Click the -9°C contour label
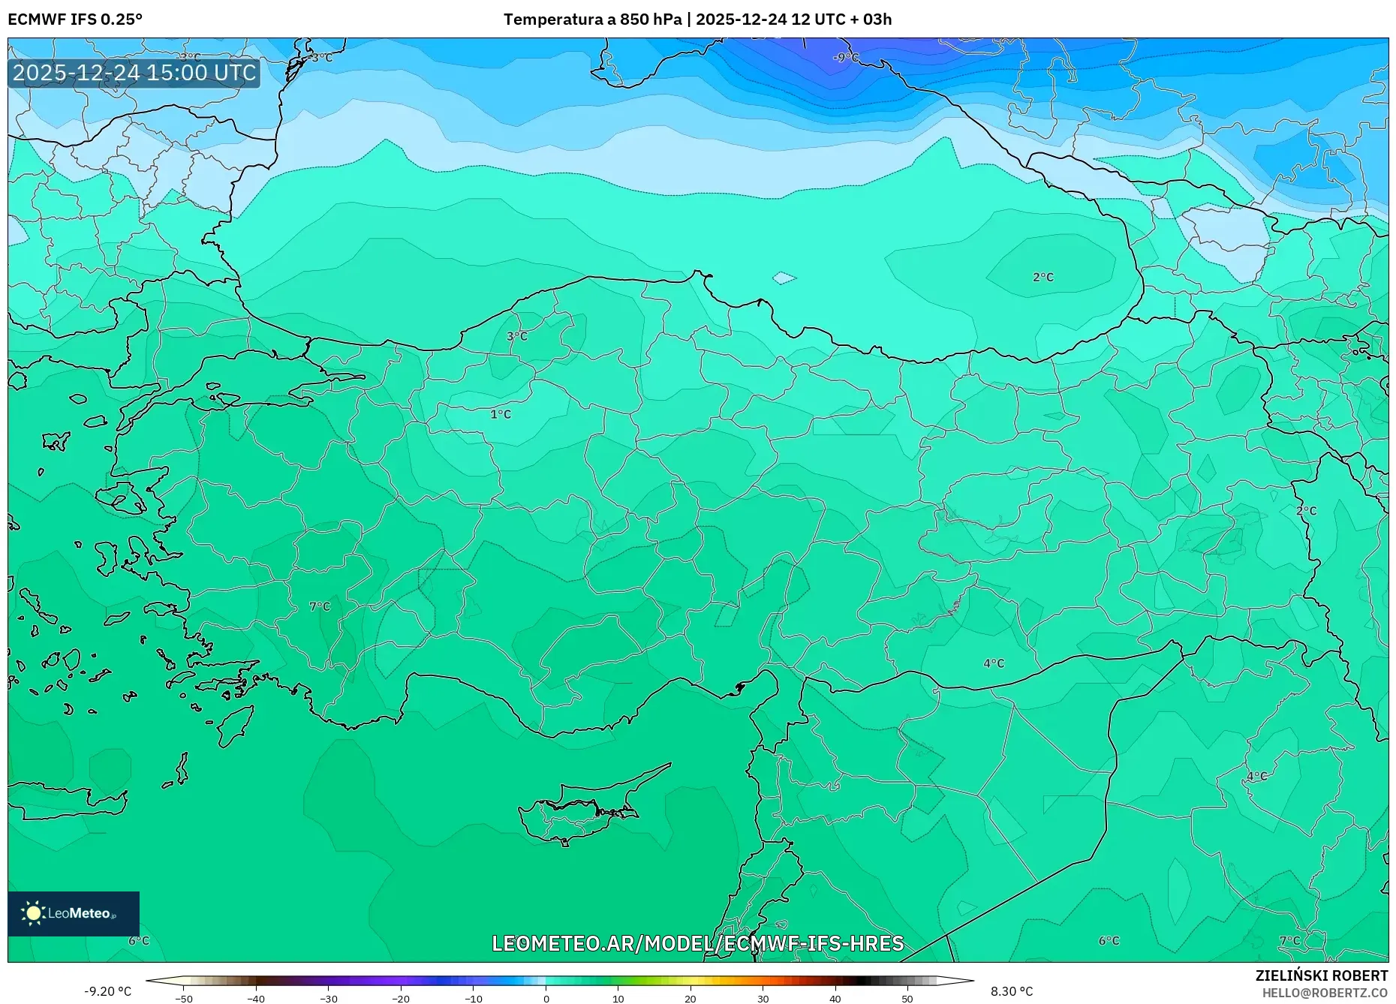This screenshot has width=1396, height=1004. (846, 58)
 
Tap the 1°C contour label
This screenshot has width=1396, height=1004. (501, 414)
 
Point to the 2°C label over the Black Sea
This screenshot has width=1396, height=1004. (1043, 278)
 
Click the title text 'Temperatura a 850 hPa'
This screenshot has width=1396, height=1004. (592, 20)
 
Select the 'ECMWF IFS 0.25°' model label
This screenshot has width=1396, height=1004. (75, 20)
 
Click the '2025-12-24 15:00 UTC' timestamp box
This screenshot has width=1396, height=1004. (134, 73)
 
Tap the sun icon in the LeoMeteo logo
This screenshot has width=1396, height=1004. (33, 912)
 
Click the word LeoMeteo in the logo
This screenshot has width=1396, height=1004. (80, 913)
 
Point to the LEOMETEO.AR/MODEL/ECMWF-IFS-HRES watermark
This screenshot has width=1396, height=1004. (697, 943)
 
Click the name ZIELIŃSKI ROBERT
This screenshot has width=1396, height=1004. (1321, 975)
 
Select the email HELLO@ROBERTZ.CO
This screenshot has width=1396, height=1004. (1325, 993)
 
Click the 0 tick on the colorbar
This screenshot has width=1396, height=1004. (546, 999)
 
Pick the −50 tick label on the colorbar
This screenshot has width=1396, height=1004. (184, 999)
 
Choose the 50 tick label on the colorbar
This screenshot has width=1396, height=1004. (907, 999)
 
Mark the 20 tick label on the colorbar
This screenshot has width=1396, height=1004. (690, 999)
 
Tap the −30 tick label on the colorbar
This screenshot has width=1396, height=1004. (329, 999)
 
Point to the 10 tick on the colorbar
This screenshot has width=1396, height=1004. (618, 999)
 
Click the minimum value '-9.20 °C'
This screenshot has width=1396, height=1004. (107, 991)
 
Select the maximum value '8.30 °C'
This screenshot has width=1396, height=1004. (1012, 991)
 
